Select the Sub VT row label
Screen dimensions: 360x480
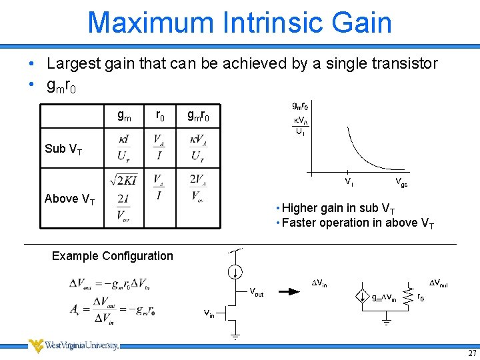pyautogui.click(x=63, y=149)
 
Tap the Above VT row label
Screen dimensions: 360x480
pyautogui.click(x=69, y=199)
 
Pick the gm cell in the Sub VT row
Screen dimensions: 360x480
pyautogui.click(x=124, y=149)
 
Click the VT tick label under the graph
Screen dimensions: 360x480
pyautogui.click(x=349, y=181)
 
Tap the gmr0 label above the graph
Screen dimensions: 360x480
pyautogui.click(x=300, y=105)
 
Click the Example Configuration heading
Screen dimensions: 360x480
pyautogui.click(x=112, y=256)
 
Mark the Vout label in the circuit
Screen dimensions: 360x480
pyautogui.click(x=257, y=292)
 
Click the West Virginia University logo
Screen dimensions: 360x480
pyautogui.click(x=73, y=345)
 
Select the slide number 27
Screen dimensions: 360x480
pyautogui.click(x=472, y=353)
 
